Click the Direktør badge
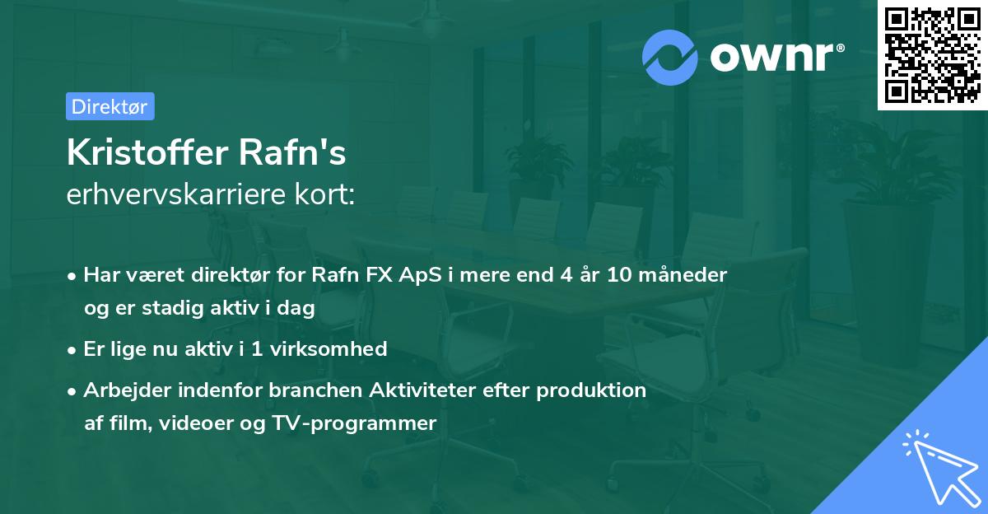110,106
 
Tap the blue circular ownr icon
670,58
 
